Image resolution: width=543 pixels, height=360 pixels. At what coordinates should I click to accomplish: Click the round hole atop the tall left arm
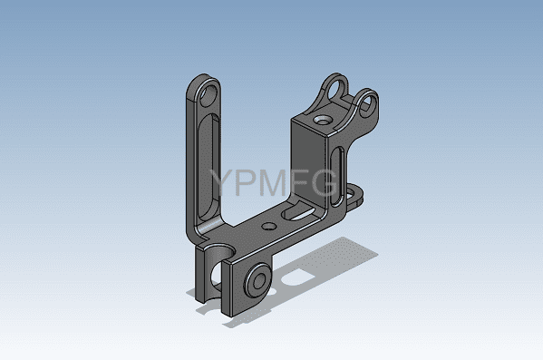tap(208, 95)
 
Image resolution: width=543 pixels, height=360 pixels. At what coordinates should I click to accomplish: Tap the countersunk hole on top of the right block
tap(323, 121)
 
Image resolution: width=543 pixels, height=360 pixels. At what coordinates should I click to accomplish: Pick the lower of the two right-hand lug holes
tap(367, 103)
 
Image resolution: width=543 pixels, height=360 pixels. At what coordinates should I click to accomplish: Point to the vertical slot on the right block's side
tap(336, 176)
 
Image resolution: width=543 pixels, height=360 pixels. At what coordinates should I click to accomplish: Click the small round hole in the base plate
tap(268, 227)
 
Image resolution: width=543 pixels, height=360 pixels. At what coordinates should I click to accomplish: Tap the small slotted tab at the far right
tap(354, 195)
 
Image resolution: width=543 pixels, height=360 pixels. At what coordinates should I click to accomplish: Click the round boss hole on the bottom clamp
tap(258, 280)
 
